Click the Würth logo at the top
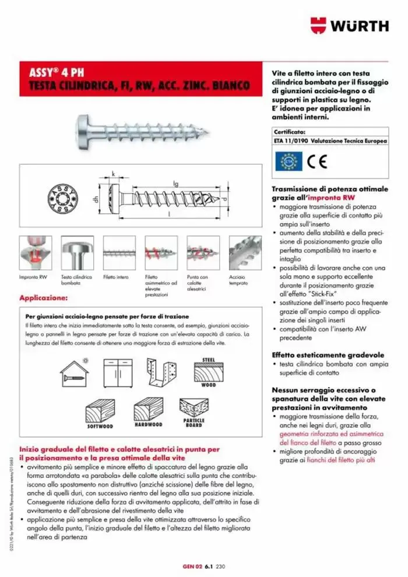click(x=349, y=26)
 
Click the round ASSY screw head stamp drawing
click(x=60, y=198)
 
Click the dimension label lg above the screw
click(x=176, y=182)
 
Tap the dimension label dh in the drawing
click(x=96, y=199)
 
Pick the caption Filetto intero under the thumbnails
click(x=115, y=277)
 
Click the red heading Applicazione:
click(x=44, y=298)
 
